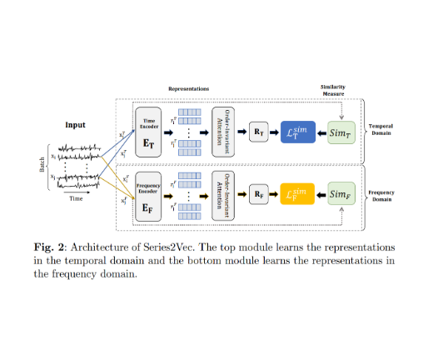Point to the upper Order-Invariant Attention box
[222, 131]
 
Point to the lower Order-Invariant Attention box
[222, 195]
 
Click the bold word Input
[75, 125]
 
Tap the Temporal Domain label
[381, 131]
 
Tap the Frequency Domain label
[382, 195]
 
